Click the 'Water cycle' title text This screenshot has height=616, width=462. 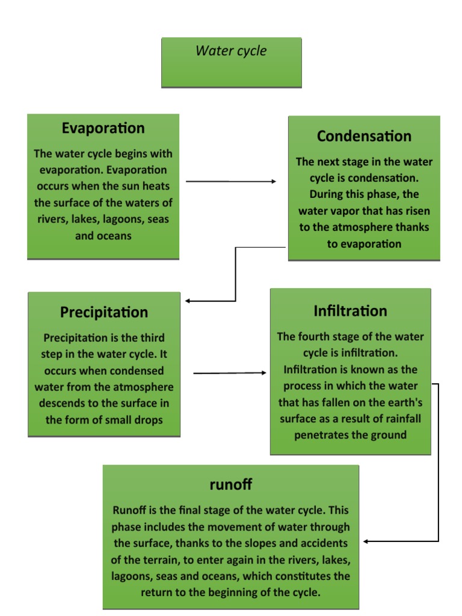pyautogui.click(x=231, y=51)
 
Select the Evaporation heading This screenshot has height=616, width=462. pyautogui.click(x=103, y=128)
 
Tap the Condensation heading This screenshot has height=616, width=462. pyautogui.click(x=364, y=136)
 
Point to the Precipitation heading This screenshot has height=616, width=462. pyautogui.click(x=103, y=312)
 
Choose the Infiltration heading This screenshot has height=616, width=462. pyautogui.click(x=350, y=311)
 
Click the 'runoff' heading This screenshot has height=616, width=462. pyautogui.click(x=230, y=484)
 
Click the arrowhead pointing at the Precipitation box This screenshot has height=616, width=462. pyautogui.click(x=188, y=301)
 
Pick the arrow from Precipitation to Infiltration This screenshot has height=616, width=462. pyautogui.click(x=229, y=373)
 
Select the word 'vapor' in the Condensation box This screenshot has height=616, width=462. pyautogui.click(x=346, y=211)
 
